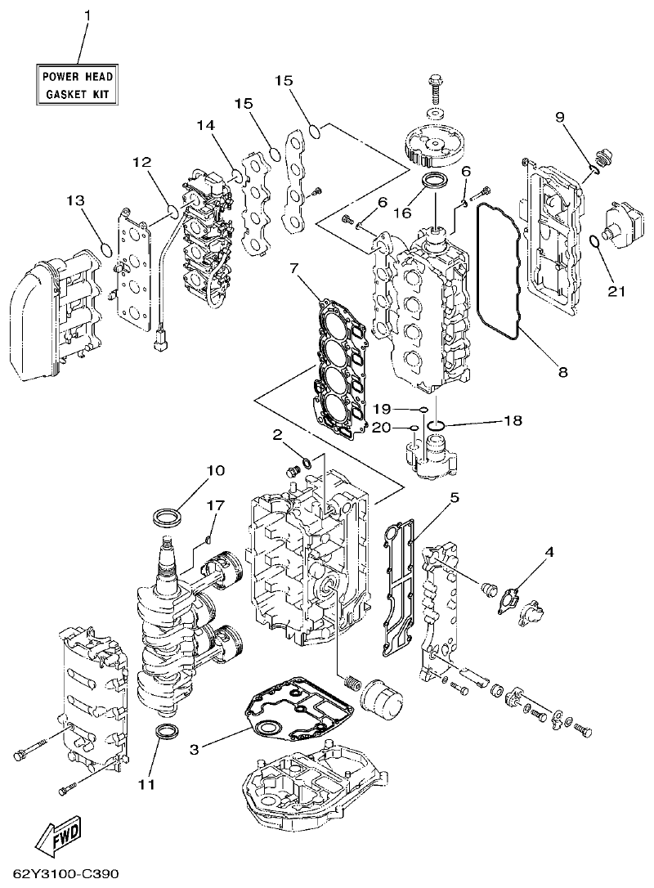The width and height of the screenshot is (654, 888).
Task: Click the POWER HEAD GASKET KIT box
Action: point(78,85)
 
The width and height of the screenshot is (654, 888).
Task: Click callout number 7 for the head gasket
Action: point(293,267)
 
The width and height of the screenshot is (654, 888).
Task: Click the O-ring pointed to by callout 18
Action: point(437,424)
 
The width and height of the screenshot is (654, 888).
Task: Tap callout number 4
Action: point(549,552)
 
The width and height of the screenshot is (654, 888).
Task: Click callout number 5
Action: point(454,496)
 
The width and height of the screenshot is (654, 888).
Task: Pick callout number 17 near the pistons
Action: point(215,506)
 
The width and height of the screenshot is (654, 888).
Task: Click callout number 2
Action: point(277,434)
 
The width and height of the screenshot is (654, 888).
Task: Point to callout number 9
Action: point(560,117)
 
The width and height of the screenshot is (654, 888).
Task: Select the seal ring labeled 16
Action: point(433,180)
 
